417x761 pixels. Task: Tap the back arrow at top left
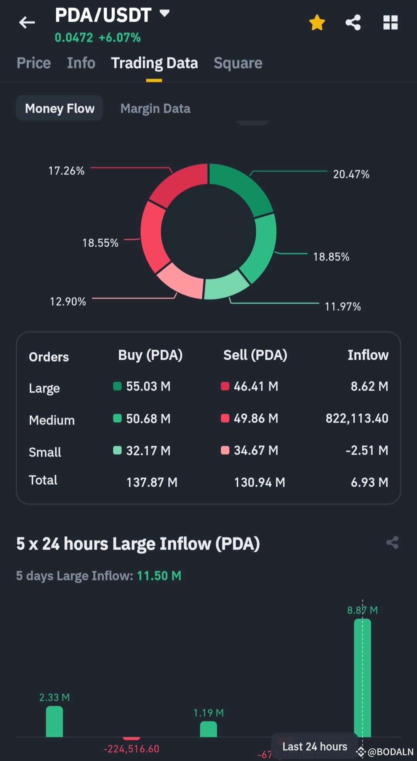point(27,22)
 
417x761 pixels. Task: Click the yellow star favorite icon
point(317,22)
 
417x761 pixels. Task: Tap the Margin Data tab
point(155,108)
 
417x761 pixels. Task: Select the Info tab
point(81,63)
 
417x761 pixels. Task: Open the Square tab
point(238,63)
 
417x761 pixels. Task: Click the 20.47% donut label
point(351,174)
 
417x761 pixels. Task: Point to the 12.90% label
point(68,302)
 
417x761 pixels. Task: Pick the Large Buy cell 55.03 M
point(148,386)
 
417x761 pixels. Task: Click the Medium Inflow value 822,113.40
point(357,418)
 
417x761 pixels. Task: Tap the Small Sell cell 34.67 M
point(256,450)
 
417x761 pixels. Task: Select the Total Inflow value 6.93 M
point(369,482)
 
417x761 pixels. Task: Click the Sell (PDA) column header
point(255,355)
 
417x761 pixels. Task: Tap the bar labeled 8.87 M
point(362,678)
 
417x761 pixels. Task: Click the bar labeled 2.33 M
point(54,721)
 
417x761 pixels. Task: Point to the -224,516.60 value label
point(131,749)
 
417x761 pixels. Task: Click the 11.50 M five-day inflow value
point(159,576)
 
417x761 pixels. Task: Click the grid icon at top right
point(390,22)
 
